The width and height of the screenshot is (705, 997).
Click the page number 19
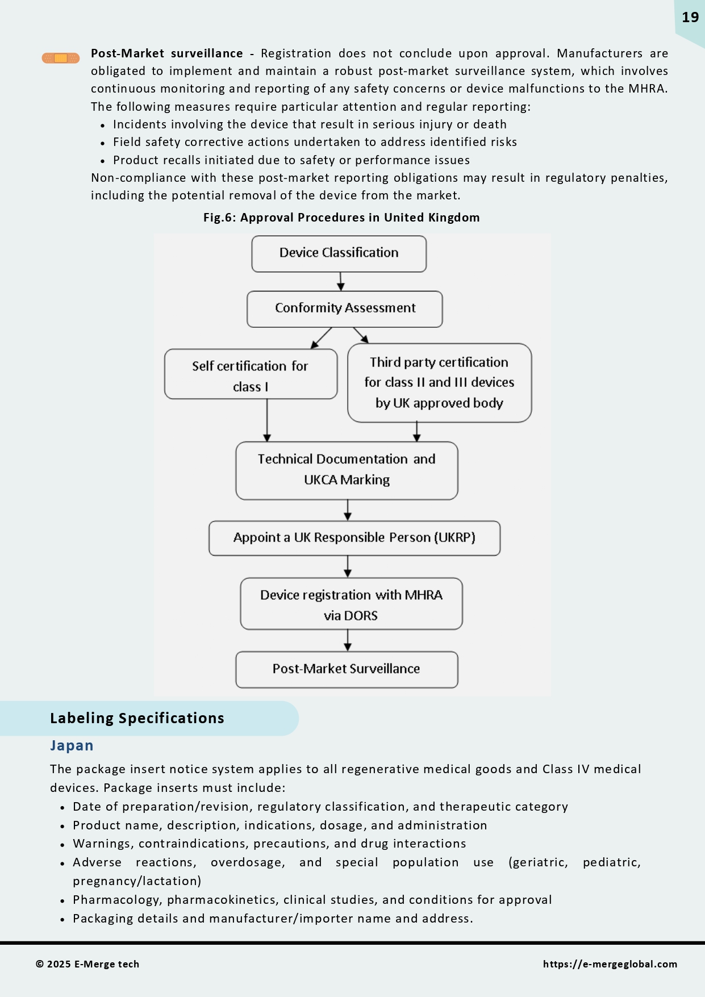(x=690, y=18)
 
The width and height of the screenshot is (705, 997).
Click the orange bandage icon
(x=60, y=58)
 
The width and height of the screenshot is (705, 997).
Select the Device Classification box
(x=339, y=254)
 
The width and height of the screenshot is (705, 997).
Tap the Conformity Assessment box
(x=344, y=309)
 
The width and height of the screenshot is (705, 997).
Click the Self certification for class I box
(x=251, y=374)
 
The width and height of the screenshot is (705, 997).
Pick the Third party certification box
(x=439, y=382)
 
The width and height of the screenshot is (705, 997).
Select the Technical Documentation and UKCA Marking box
(x=347, y=470)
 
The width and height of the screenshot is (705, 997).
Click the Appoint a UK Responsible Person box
(x=354, y=538)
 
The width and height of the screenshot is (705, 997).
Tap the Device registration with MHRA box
(x=351, y=604)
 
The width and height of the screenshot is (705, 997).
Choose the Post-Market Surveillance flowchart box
(x=347, y=669)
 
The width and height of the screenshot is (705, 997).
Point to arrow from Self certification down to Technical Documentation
(x=267, y=420)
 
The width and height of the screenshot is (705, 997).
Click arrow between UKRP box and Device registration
(x=348, y=566)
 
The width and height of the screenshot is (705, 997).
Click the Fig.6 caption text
(x=341, y=218)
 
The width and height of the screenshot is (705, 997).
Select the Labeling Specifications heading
(x=137, y=718)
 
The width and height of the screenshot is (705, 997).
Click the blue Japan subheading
(x=72, y=745)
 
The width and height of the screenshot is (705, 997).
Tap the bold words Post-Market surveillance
(x=166, y=53)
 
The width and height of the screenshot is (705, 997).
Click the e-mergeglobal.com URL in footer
(x=610, y=964)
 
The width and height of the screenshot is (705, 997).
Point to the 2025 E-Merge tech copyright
(x=87, y=964)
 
